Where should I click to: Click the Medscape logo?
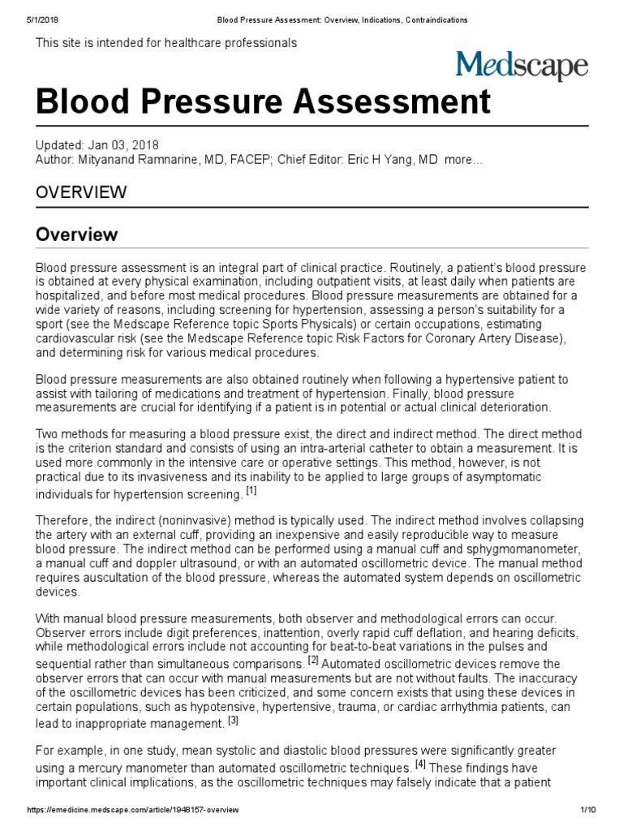[521, 66]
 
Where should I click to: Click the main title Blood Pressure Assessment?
[263, 102]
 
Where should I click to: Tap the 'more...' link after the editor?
[463, 160]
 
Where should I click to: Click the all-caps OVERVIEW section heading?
[81, 192]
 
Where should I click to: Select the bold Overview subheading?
[77, 235]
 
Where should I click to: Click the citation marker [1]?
[251, 491]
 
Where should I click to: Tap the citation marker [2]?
[313, 660]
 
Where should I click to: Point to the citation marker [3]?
[233, 719]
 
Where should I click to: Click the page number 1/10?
[588, 811]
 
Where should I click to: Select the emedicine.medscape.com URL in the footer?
[133, 811]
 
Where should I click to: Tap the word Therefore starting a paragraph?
[65, 520]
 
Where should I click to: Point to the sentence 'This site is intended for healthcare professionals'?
[166, 43]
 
